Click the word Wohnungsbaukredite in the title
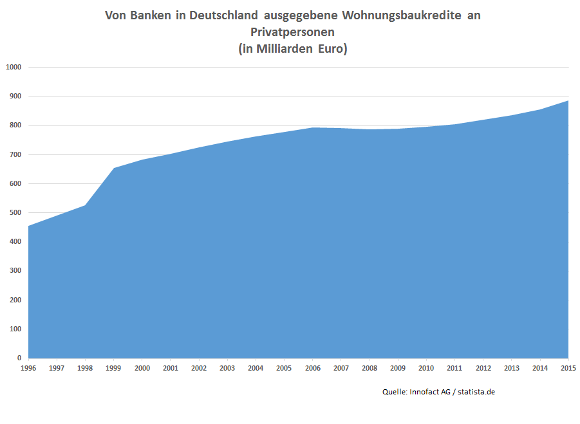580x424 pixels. click(x=397, y=15)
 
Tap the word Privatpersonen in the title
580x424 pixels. click(x=292, y=32)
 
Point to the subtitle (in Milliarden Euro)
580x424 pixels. click(x=292, y=49)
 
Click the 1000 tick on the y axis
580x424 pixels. click(x=14, y=67)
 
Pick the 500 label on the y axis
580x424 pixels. click(x=15, y=212)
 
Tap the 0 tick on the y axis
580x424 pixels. click(x=19, y=358)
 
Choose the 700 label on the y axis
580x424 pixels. click(x=15, y=154)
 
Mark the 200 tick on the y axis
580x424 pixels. click(x=15, y=300)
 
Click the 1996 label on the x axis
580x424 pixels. click(x=29, y=368)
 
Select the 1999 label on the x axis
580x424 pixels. click(x=114, y=368)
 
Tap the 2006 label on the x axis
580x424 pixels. click(x=312, y=368)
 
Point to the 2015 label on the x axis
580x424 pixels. click(x=568, y=368)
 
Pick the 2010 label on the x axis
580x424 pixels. click(x=426, y=368)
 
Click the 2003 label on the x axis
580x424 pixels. click(x=227, y=368)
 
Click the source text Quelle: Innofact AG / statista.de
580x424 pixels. click(x=438, y=391)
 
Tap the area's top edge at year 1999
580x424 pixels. click(x=114, y=169)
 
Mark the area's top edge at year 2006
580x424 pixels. click(x=312, y=127)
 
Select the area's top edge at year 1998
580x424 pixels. click(x=86, y=205)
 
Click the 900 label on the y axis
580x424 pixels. click(x=15, y=96)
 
